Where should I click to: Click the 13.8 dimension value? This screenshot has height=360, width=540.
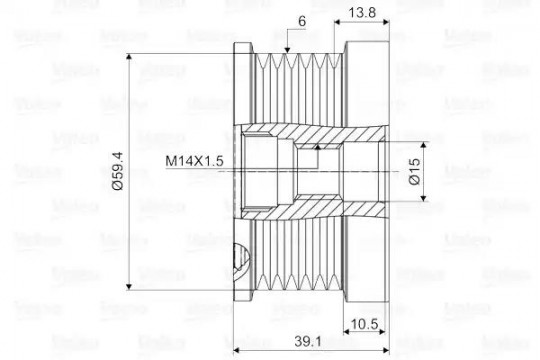[362, 13]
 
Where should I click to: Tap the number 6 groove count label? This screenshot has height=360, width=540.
[302, 21]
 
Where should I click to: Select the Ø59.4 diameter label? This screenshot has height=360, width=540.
[118, 171]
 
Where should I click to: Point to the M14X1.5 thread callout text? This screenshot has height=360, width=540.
[194, 161]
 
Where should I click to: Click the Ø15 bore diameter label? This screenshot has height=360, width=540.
[415, 171]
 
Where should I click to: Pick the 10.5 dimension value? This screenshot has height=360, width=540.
[364, 324]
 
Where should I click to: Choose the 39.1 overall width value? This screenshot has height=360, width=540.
[308, 341]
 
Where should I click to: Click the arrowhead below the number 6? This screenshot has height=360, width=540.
[287, 50]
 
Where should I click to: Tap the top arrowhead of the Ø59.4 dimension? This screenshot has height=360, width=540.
[129, 57]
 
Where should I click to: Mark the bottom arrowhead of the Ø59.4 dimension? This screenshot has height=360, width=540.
[129, 286]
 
